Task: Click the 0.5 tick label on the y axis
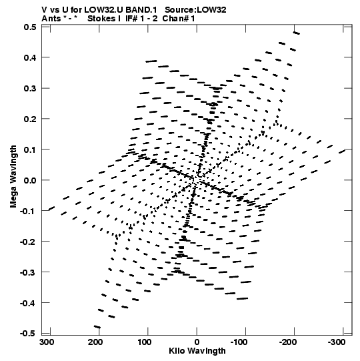click(30, 27)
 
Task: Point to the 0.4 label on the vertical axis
click(30, 57)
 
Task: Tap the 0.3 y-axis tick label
click(30, 88)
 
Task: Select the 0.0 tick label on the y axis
click(30, 180)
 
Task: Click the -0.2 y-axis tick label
click(28, 242)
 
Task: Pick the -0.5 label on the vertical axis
click(28, 334)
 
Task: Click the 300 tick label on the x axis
click(47, 342)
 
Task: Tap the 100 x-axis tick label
click(145, 342)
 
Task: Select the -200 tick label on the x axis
click(288, 342)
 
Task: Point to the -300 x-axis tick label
click(337, 342)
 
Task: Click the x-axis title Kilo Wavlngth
click(197, 351)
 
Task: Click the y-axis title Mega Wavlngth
click(13, 177)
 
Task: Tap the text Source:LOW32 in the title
click(195, 9)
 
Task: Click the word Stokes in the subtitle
click(101, 19)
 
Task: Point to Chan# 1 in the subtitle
click(179, 19)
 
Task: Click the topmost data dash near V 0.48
click(296, 33)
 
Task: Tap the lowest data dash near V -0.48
click(97, 326)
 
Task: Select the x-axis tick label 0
click(197, 342)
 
